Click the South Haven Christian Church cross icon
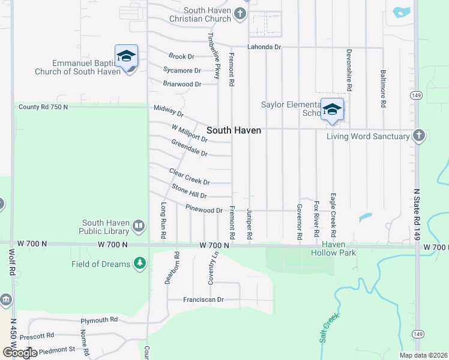click(240, 14)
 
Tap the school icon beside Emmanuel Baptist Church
click(127, 57)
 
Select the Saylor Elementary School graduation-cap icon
click(332, 110)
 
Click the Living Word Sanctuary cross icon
click(419, 136)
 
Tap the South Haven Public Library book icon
click(139, 226)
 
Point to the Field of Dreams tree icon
click(140, 263)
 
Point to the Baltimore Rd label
click(383, 88)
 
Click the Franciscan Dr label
click(203, 299)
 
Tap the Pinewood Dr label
click(204, 210)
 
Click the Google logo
click(20, 352)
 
